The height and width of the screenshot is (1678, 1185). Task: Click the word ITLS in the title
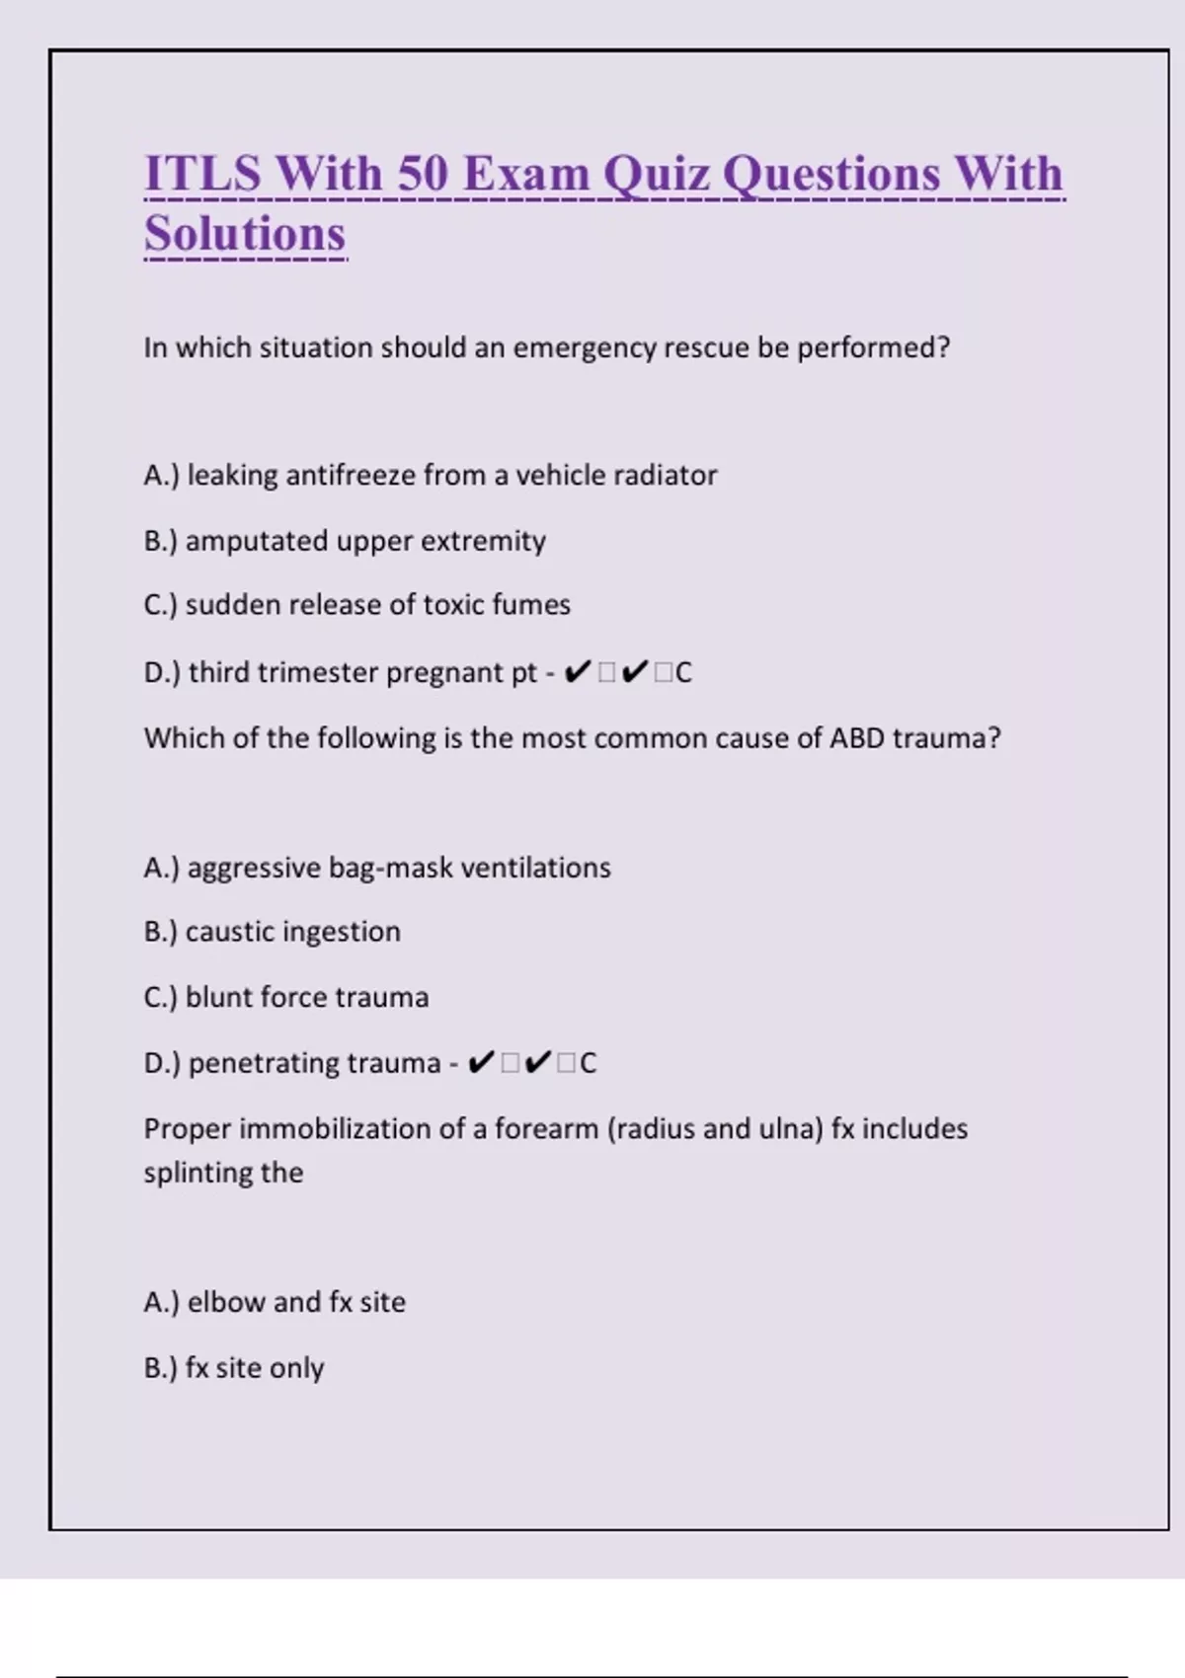[x=202, y=174]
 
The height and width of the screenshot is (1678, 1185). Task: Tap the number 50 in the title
[x=422, y=174]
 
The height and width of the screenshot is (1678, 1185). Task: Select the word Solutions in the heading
[x=245, y=234]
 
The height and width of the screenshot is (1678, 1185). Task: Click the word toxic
[x=447, y=604]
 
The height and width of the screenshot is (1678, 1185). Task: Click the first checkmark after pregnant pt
[x=577, y=672]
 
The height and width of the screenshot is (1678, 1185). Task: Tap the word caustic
[x=229, y=931]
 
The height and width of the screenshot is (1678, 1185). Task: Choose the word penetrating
[x=265, y=1063]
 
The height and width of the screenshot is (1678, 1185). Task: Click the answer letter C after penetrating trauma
[x=588, y=1063]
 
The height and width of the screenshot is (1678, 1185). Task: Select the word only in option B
[x=296, y=1368]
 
